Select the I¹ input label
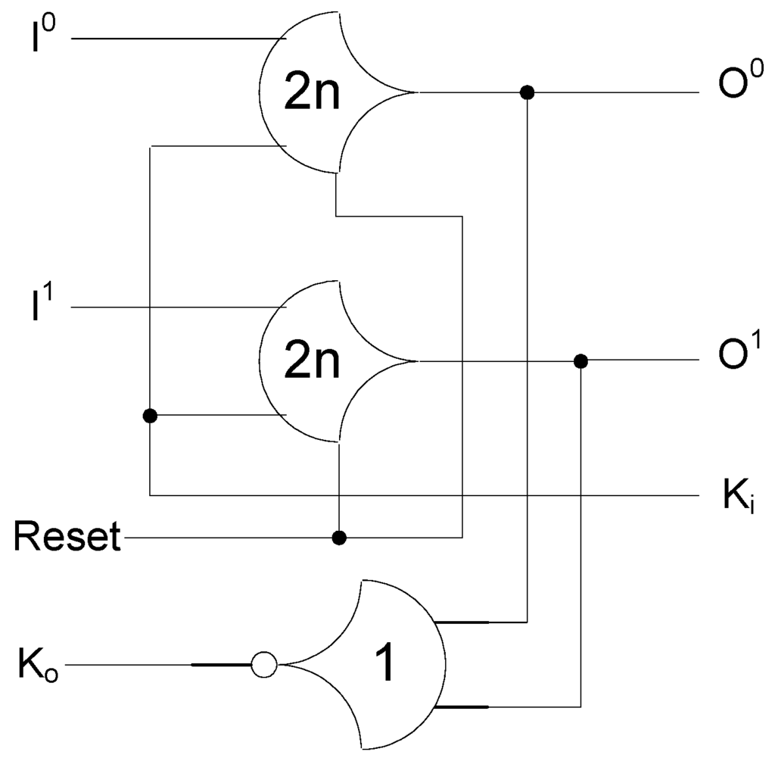point(42,307)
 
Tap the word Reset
point(67,538)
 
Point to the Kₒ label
point(37,666)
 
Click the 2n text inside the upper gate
point(312,95)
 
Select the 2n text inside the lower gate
point(312,363)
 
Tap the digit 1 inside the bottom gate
point(384,666)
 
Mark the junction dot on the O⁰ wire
point(528,92)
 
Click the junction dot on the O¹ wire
point(580,361)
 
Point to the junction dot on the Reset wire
point(340,538)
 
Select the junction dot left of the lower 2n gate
point(150,415)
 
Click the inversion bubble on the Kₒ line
point(263,666)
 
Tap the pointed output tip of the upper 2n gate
point(415,92)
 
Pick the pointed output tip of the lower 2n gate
point(415,361)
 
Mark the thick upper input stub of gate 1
point(462,622)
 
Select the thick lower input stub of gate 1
point(462,707)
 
